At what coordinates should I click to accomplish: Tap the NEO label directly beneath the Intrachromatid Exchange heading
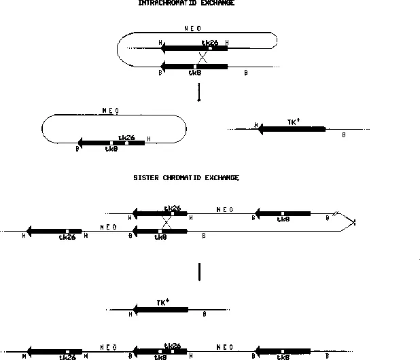[192, 29]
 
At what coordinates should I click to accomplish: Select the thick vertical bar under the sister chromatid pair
[198, 272]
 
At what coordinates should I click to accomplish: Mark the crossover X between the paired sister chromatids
[167, 221]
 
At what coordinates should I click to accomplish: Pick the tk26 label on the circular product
[127, 137]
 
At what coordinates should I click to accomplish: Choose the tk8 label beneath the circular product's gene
[111, 149]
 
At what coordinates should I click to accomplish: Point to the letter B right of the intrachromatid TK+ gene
[344, 134]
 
